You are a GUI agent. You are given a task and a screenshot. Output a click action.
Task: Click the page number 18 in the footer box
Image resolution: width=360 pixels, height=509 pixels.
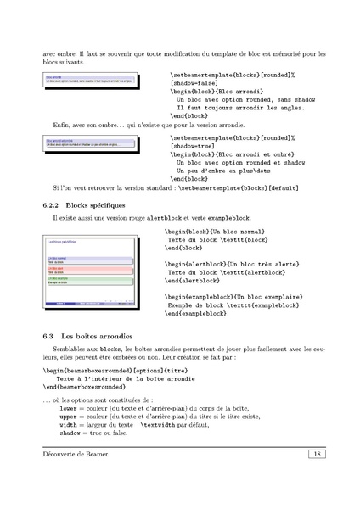[314, 455]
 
